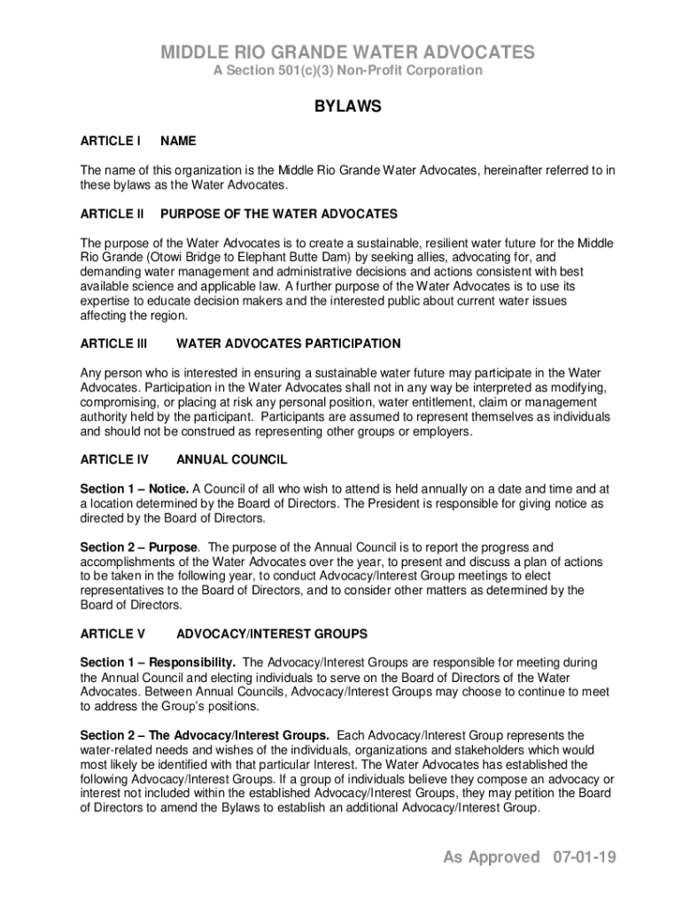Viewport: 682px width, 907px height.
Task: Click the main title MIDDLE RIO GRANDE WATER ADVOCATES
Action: [x=347, y=53]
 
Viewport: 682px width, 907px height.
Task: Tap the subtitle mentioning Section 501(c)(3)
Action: [x=347, y=71]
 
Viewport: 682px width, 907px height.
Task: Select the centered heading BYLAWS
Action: [x=348, y=107]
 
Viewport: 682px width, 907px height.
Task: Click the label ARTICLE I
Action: [x=111, y=141]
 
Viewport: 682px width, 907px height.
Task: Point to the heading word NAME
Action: [x=179, y=141]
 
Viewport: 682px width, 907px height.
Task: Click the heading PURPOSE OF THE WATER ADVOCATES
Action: [x=279, y=214]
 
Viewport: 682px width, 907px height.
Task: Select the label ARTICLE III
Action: [x=113, y=344]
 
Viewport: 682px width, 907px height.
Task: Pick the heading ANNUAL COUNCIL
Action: [x=232, y=460]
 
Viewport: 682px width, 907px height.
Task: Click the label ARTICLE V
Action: [x=112, y=634]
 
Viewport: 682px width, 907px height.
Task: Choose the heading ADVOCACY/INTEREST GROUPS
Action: [x=272, y=634]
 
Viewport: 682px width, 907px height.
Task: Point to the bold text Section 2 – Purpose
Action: [x=139, y=547]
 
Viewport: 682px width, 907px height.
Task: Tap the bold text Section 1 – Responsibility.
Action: [x=158, y=663]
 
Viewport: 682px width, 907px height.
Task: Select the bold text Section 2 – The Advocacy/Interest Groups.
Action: [x=205, y=735]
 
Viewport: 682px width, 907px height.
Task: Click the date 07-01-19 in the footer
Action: [x=583, y=857]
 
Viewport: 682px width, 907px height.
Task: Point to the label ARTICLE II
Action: [x=112, y=214]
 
